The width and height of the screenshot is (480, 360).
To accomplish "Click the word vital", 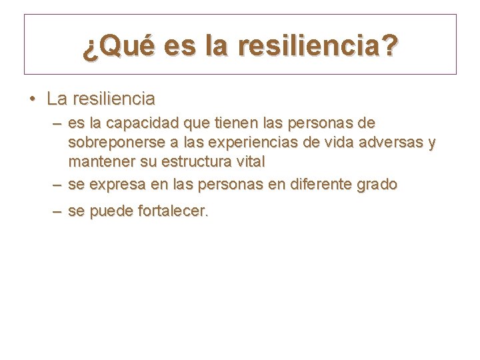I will pos(250,161).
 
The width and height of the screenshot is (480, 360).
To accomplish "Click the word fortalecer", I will pos(173,211).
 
